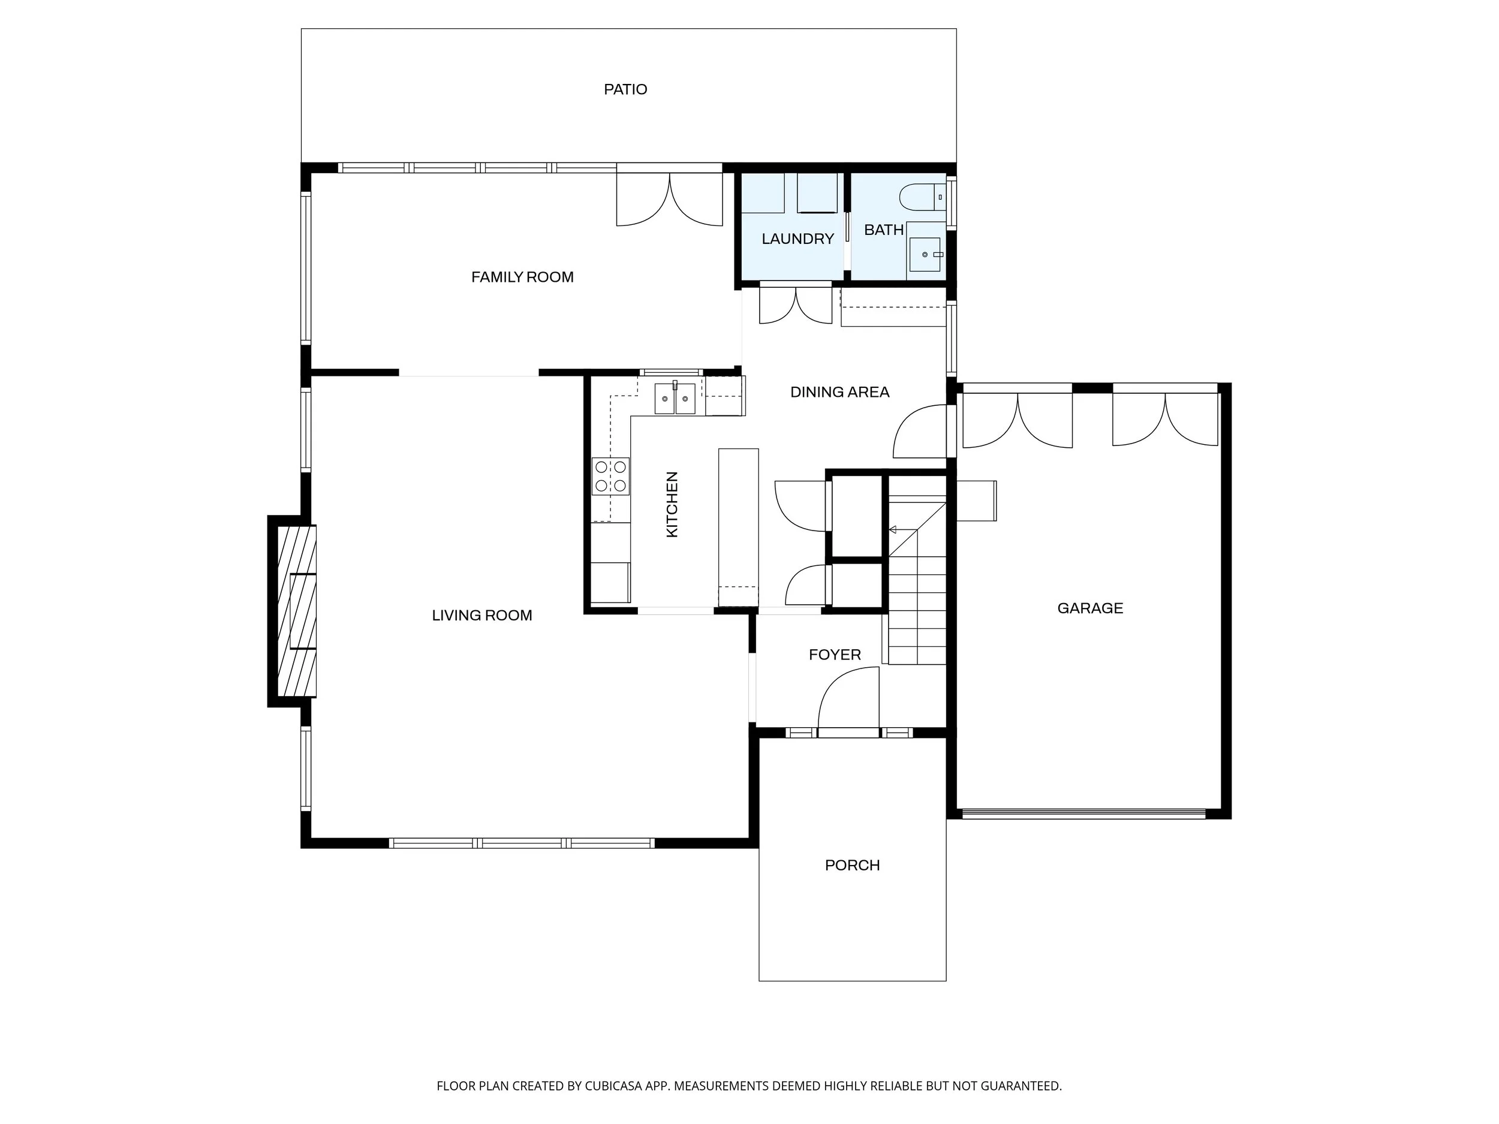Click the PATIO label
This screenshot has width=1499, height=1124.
[x=625, y=89]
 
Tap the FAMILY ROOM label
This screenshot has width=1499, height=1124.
[x=522, y=277]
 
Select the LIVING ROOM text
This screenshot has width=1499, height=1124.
[x=482, y=615]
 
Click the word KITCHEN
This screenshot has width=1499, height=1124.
[x=672, y=505]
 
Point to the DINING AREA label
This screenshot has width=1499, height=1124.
[x=839, y=392]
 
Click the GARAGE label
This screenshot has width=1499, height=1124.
[x=1090, y=608]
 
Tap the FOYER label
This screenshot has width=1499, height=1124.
[x=835, y=655]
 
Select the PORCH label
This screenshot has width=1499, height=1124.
[x=853, y=865]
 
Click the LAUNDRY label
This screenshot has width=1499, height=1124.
[x=797, y=239]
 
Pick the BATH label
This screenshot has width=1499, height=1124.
[x=884, y=230]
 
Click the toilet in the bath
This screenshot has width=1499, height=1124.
[x=922, y=197]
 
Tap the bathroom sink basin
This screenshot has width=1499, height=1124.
[x=925, y=255]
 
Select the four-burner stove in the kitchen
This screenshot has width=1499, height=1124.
[x=610, y=477]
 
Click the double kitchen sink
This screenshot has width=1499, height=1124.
[x=675, y=399]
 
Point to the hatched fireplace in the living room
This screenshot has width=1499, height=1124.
[x=297, y=611]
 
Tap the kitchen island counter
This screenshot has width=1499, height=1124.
[x=739, y=527]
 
